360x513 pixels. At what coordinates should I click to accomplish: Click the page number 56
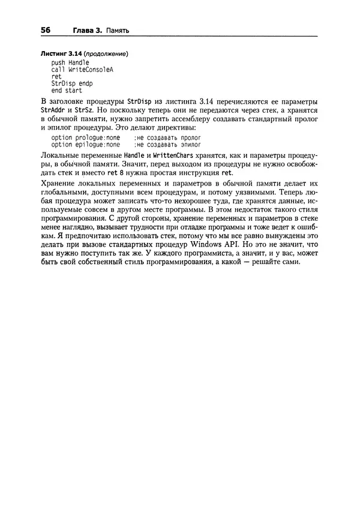(x=46, y=30)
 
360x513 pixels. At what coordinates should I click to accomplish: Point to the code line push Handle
(x=70, y=62)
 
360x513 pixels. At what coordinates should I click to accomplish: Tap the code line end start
(x=67, y=91)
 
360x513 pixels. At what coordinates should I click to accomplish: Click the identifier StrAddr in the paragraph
(x=53, y=111)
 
